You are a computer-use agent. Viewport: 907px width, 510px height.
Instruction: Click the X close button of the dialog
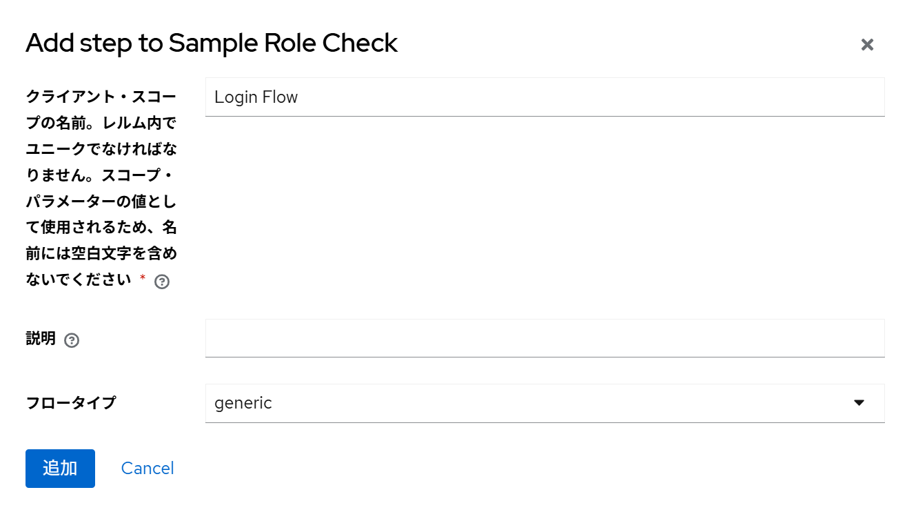click(x=867, y=45)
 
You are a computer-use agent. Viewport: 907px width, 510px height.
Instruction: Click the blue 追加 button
click(x=61, y=468)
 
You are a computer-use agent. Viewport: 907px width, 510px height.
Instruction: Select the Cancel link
click(x=147, y=468)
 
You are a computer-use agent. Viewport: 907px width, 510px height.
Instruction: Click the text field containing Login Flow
click(x=545, y=97)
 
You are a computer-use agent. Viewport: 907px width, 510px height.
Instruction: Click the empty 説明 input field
click(x=545, y=338)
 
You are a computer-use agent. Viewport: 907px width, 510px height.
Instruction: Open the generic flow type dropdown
click(x=545, y=404)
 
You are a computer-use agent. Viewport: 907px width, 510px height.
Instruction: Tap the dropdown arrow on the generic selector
click(x=859, y=402)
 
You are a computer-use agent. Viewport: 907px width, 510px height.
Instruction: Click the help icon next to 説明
click(x=72, y=340)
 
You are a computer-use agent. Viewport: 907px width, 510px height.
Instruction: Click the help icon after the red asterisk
click(x=162, y=282)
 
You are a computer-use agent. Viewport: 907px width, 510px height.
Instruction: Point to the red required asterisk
click(x=143, y=277)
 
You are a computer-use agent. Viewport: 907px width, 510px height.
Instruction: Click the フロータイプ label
click(x=71, y=403)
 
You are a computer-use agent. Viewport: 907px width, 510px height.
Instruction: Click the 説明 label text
click(x=41, y=338)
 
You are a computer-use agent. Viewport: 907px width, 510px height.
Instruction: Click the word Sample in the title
click(x=213, y=43)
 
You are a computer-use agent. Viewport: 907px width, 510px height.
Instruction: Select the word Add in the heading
click(x=50, y=43)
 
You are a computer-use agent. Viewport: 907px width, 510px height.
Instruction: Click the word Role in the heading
click(x=290, y=43)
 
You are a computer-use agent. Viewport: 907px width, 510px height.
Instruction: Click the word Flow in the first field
click(x=280, y=97)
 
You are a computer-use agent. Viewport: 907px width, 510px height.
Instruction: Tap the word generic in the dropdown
click(x=243, y=404)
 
